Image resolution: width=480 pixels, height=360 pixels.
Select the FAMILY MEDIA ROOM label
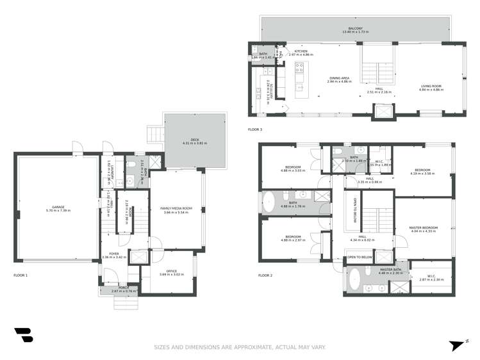[x=176, y=209]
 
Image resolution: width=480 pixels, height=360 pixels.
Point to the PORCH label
[x=120, y=289]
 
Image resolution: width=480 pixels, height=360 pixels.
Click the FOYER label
[x=114, y=256]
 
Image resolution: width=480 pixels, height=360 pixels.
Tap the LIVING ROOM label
[x=431, y=88]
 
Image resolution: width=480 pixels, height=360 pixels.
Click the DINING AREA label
[x=340, y=79]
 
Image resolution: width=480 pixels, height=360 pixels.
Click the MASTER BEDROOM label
[x=423, y=229]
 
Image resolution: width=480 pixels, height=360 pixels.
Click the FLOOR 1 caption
[x=21, y=275]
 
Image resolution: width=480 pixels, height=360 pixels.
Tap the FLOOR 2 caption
[x=265, y=275]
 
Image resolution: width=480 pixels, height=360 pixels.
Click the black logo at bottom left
[x=24, y=335]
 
